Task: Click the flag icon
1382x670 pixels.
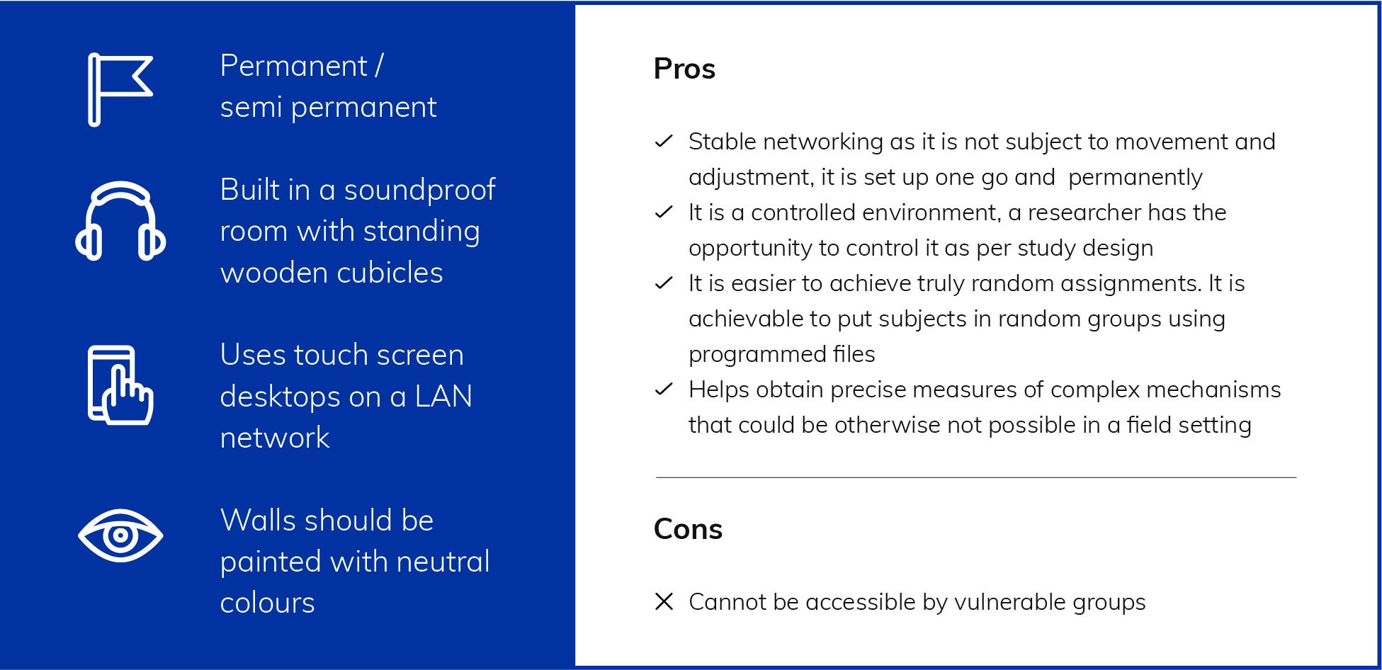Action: click(94, 89)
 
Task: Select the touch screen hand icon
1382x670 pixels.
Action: click(120, 385)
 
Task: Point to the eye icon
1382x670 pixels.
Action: click(120, 535)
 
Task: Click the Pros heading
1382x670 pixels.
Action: click(684, 69)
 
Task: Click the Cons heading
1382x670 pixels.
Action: click(688, 529)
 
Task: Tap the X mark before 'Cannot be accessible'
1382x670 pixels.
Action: click(664, 602)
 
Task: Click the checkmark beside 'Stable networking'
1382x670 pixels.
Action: click(664, 142)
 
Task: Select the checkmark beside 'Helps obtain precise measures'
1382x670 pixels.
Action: click(664, 390)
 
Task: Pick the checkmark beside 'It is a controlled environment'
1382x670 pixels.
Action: click(664, 212)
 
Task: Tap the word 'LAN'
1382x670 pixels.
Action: click(443, 396)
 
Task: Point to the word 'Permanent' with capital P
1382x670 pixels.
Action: click(294, 66)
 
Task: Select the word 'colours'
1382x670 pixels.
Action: click(267, 603)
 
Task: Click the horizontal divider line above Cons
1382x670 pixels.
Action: click(976, 478)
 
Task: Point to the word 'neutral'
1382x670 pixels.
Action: click(443, 562)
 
